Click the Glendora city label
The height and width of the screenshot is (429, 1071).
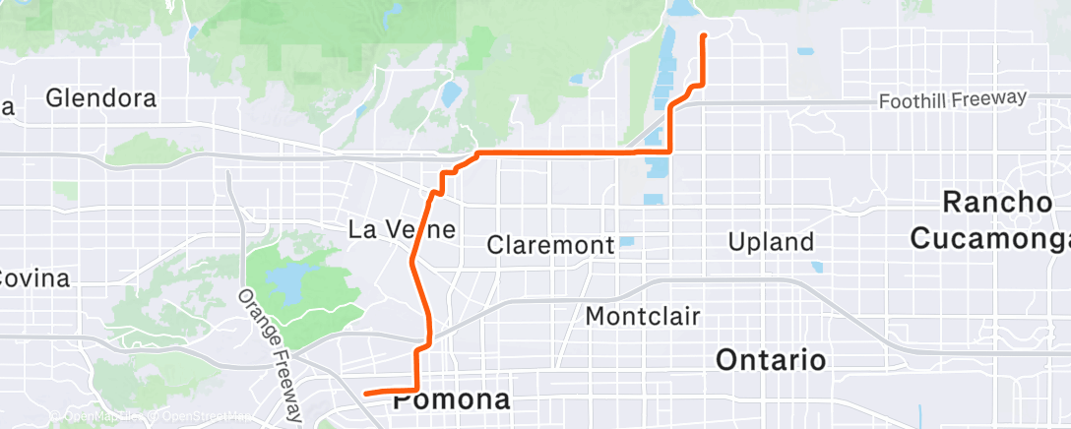point(101,98)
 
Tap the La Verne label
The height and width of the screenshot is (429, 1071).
point(404,230)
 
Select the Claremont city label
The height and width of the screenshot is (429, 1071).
point(551,243)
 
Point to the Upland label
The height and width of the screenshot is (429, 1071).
point(770,241)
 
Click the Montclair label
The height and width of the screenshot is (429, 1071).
point(642,316)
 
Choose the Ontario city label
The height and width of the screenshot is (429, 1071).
point(771,359)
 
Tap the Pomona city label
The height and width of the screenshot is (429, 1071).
point(453,400)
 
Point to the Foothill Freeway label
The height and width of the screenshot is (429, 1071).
point(952,99)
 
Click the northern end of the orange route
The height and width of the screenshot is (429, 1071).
point(704,35)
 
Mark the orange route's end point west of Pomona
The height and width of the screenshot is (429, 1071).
point(365,394)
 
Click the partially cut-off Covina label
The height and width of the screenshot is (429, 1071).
point(33,278)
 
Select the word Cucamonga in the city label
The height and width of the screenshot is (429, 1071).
point(990,238)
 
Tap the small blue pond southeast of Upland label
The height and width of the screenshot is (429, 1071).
point(817,266)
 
